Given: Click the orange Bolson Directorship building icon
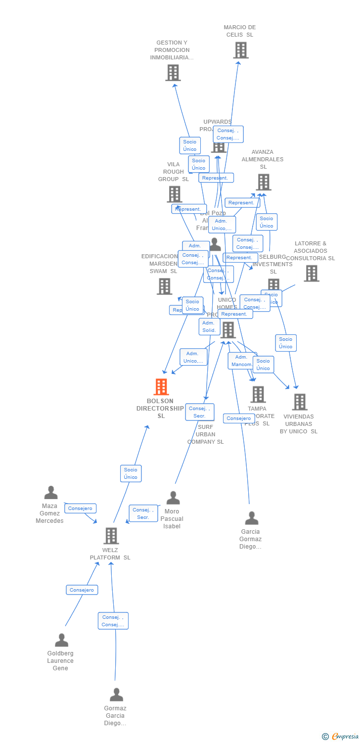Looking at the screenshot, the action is [161, 387].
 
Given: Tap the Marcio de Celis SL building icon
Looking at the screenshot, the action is [241, 50].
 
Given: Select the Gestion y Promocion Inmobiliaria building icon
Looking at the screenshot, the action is [173, 73].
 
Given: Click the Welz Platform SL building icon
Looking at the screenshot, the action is [111, 536].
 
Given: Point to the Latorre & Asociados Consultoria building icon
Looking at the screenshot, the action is [311, 273].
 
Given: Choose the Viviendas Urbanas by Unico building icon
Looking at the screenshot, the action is [299, 402].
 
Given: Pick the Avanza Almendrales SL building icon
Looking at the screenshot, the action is [263, 183].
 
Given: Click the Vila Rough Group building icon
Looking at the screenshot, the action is [175, 194].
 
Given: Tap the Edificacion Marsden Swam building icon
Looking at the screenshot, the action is [164, 286].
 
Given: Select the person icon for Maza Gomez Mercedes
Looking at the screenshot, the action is [51, 493].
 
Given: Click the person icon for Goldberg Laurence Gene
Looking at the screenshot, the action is [61, 640].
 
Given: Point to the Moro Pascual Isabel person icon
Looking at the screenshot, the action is [173, 498].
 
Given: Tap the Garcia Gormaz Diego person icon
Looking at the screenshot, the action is [251, 518].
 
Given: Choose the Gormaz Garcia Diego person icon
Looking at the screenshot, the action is [116, 695].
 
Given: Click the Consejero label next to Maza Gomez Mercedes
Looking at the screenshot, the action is [80, 509].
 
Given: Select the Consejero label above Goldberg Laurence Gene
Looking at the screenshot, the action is [82, 590].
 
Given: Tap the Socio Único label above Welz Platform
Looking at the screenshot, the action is [131, 473].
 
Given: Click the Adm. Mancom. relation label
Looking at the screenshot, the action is [242, 361].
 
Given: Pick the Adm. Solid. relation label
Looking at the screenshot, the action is [209, 326].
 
